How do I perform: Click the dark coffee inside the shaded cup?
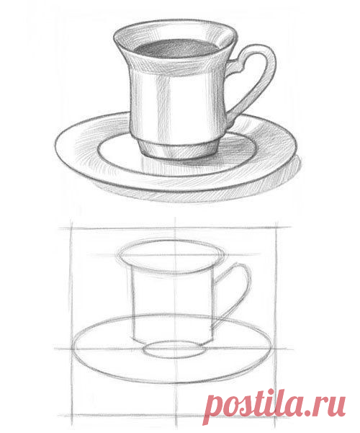(176, 48)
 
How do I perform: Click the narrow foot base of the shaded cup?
(179, 151)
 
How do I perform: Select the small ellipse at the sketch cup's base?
(174, 349)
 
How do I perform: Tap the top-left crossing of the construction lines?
(71, 228)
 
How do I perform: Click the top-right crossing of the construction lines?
(276, 228)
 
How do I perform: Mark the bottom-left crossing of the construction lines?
(72, 416)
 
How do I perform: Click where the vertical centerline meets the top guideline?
(175, 228)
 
